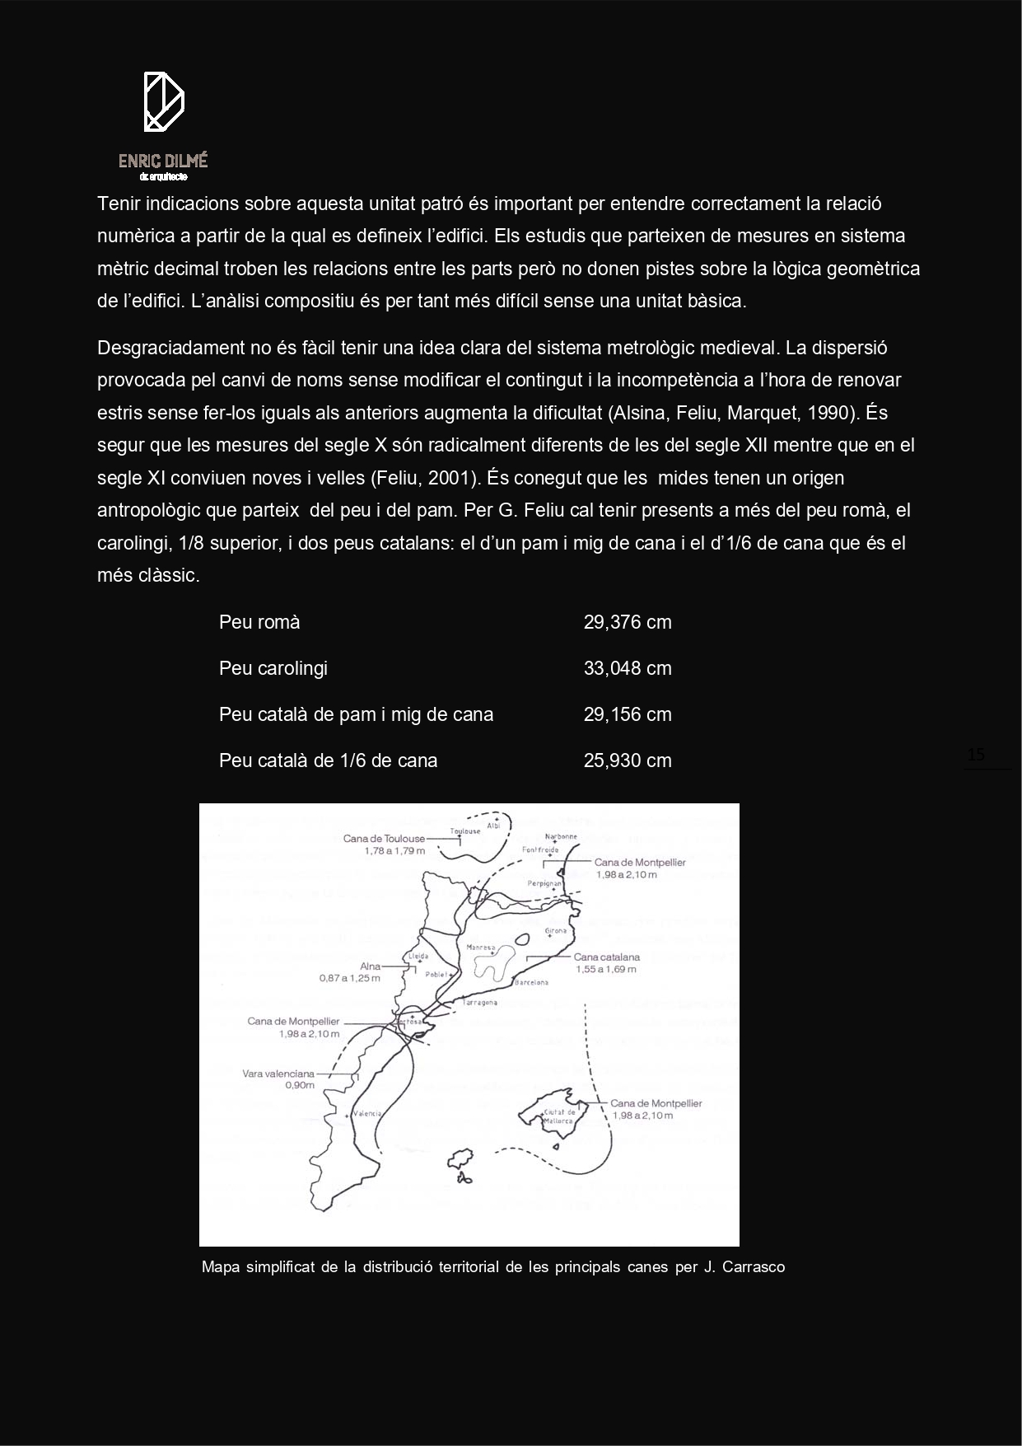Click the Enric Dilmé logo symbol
(163, 102)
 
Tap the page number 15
(976, 755)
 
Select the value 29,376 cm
(628, 622)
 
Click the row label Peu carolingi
(273, 668)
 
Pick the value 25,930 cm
(628, 760)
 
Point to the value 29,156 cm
(628, 714)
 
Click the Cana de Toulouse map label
(385, 839)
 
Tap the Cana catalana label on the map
(607, 957)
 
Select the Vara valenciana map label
(278, 1074)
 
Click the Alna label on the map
(371, 966)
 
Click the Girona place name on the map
(557, 931)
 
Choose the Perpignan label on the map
(544, 883)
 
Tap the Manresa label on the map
(480, 948)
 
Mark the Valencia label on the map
(367, 1114)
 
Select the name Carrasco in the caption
(753, 1267)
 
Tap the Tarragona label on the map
(480, 1003)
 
